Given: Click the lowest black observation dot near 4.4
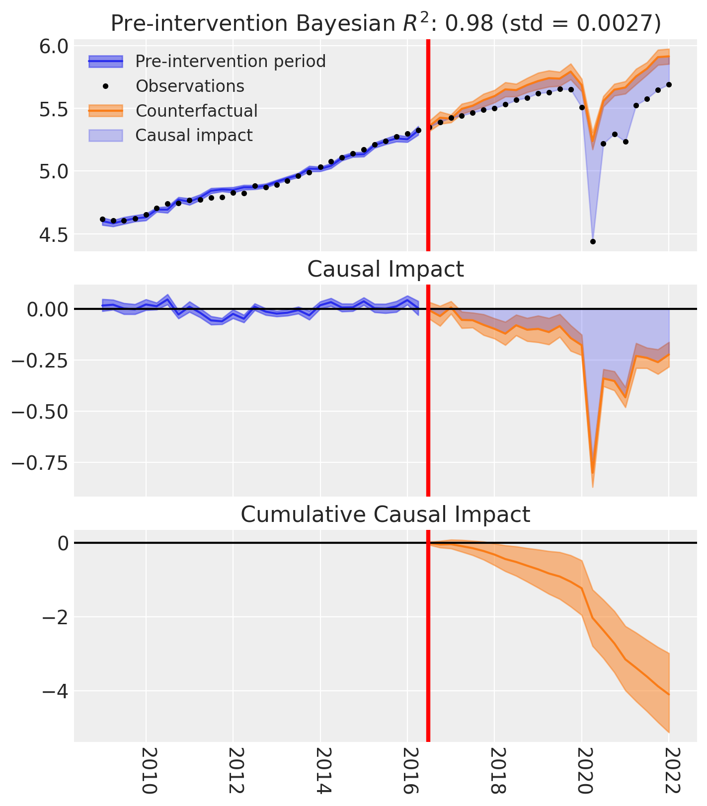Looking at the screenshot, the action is [x=593, y=242].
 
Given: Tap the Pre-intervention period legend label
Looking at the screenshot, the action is [x=231, y=62].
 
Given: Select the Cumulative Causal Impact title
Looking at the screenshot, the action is [x=386, y=514].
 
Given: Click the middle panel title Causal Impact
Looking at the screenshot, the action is [x=386, y=269].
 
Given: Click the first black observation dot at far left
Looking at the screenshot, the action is [x=103, y=219].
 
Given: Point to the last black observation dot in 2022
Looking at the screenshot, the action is [x=669, y=84].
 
